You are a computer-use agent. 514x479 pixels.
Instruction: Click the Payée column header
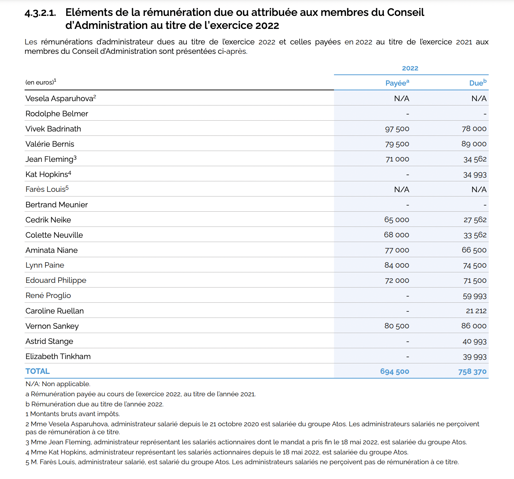click(x=397, y=83)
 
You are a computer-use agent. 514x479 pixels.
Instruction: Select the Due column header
click(x=477, y=83)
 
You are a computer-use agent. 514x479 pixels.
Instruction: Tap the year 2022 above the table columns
click(x=410, y=68)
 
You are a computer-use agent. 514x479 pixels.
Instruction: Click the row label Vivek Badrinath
click(x=53, y=129)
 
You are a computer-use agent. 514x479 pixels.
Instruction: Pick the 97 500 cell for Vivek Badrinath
click(x=397, y=129)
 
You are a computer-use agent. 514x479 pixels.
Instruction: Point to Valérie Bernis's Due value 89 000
click(x=474, y=144)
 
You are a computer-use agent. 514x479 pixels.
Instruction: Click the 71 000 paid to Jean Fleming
click(x=397, y=159)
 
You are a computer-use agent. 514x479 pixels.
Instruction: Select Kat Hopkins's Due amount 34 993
click(x=475, y=175)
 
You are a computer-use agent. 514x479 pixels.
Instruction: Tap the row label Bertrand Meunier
click(x=56, y=205)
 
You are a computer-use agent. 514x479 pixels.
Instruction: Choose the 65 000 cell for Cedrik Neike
click(x=397, y=220)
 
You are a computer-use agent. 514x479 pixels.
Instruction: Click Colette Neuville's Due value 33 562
click(x=475, y=235)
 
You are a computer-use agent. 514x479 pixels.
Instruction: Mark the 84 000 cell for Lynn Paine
click(x=397, y=266)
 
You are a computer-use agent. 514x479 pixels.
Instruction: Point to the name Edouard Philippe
click(x=56, y=280)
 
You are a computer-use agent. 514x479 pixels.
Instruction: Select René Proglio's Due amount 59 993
click(x=474, y=296)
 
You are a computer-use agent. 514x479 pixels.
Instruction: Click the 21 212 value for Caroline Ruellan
click(x=476, y=311)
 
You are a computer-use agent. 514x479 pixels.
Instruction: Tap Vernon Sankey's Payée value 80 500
click(x=397, y=326)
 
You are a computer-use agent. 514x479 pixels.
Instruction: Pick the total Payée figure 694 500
click(x=394, y=372)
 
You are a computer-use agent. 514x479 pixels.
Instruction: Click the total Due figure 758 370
click(x=472, y=372)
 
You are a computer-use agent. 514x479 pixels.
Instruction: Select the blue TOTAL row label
click(x=38, y=371)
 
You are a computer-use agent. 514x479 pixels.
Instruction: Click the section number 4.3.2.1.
click(x=40, y=13)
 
